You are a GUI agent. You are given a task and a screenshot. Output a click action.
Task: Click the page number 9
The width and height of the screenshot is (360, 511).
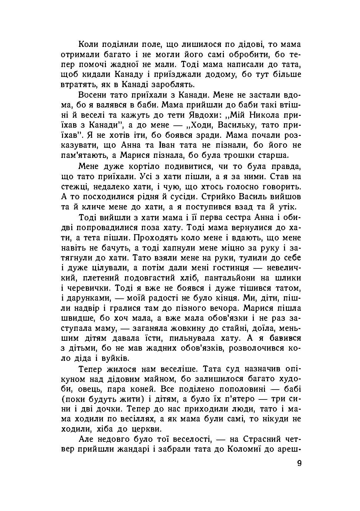299,463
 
